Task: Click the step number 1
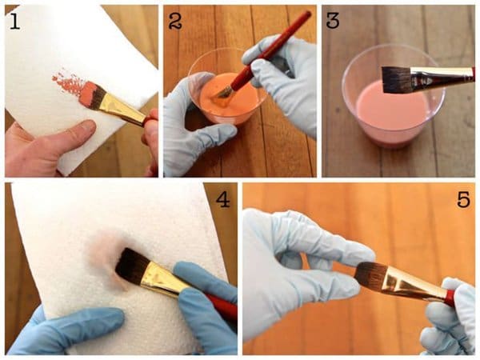14,22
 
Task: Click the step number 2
175,22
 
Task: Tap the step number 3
333,21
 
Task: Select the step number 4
223,200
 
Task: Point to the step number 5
463,200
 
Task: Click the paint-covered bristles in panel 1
92,94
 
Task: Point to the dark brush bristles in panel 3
397,79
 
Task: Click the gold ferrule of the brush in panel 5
413,283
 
